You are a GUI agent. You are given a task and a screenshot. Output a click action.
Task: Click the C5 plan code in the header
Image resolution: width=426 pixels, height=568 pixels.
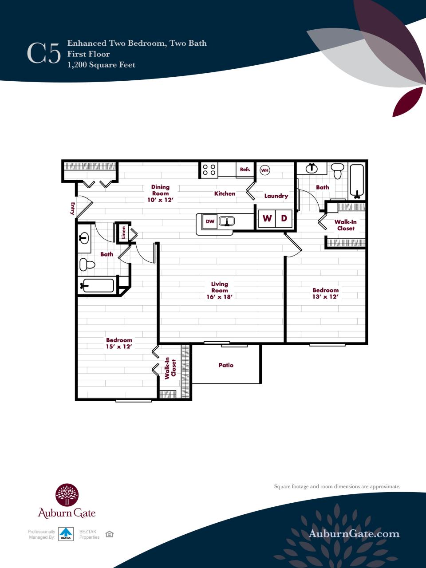(x=43, y=54)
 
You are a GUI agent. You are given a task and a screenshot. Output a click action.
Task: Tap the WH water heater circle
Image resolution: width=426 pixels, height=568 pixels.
(x=264, y=170)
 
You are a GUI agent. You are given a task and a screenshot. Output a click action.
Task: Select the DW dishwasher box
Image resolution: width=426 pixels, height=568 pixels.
(x=210, y=221)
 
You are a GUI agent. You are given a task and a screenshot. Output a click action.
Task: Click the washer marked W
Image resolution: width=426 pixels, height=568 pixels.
(x=267, y=218)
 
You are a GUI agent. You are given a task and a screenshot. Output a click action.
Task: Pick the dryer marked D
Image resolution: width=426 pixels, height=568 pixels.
(x=284, y=218)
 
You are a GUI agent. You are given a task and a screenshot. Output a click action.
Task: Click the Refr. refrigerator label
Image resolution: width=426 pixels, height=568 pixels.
(x=245, y=170)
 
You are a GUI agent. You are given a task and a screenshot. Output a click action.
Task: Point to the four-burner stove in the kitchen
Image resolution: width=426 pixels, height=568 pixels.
(x=209, y=170)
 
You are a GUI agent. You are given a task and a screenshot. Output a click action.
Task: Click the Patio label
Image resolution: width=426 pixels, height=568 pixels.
(x=226, y=365)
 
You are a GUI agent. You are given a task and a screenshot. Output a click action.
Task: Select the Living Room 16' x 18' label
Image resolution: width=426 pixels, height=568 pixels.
(x=220, y=290)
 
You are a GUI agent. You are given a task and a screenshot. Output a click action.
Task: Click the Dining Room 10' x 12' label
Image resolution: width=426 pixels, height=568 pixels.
(x=160, y=193)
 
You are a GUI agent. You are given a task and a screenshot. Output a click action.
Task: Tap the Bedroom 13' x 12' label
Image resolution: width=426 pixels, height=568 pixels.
(x=325, y=293)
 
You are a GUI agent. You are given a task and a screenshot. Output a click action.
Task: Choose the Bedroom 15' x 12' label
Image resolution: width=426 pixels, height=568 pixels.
(x=119, y=343)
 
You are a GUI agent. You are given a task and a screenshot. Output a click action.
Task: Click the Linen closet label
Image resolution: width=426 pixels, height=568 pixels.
(x=124, y=233)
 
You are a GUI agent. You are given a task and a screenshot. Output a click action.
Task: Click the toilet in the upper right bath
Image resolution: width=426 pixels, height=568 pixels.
(x=338, y=170)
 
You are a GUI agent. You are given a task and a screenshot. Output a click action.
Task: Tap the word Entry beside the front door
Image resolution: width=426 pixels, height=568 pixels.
(x=72, y=209)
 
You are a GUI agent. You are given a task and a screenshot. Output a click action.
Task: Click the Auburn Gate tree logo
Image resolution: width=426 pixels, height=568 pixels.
(x=67, y=495)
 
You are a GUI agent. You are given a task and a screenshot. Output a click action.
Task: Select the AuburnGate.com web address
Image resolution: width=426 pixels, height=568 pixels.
(x=354, y=533)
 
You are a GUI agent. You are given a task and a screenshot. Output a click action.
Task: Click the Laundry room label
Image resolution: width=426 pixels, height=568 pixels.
(x=276, y=196)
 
